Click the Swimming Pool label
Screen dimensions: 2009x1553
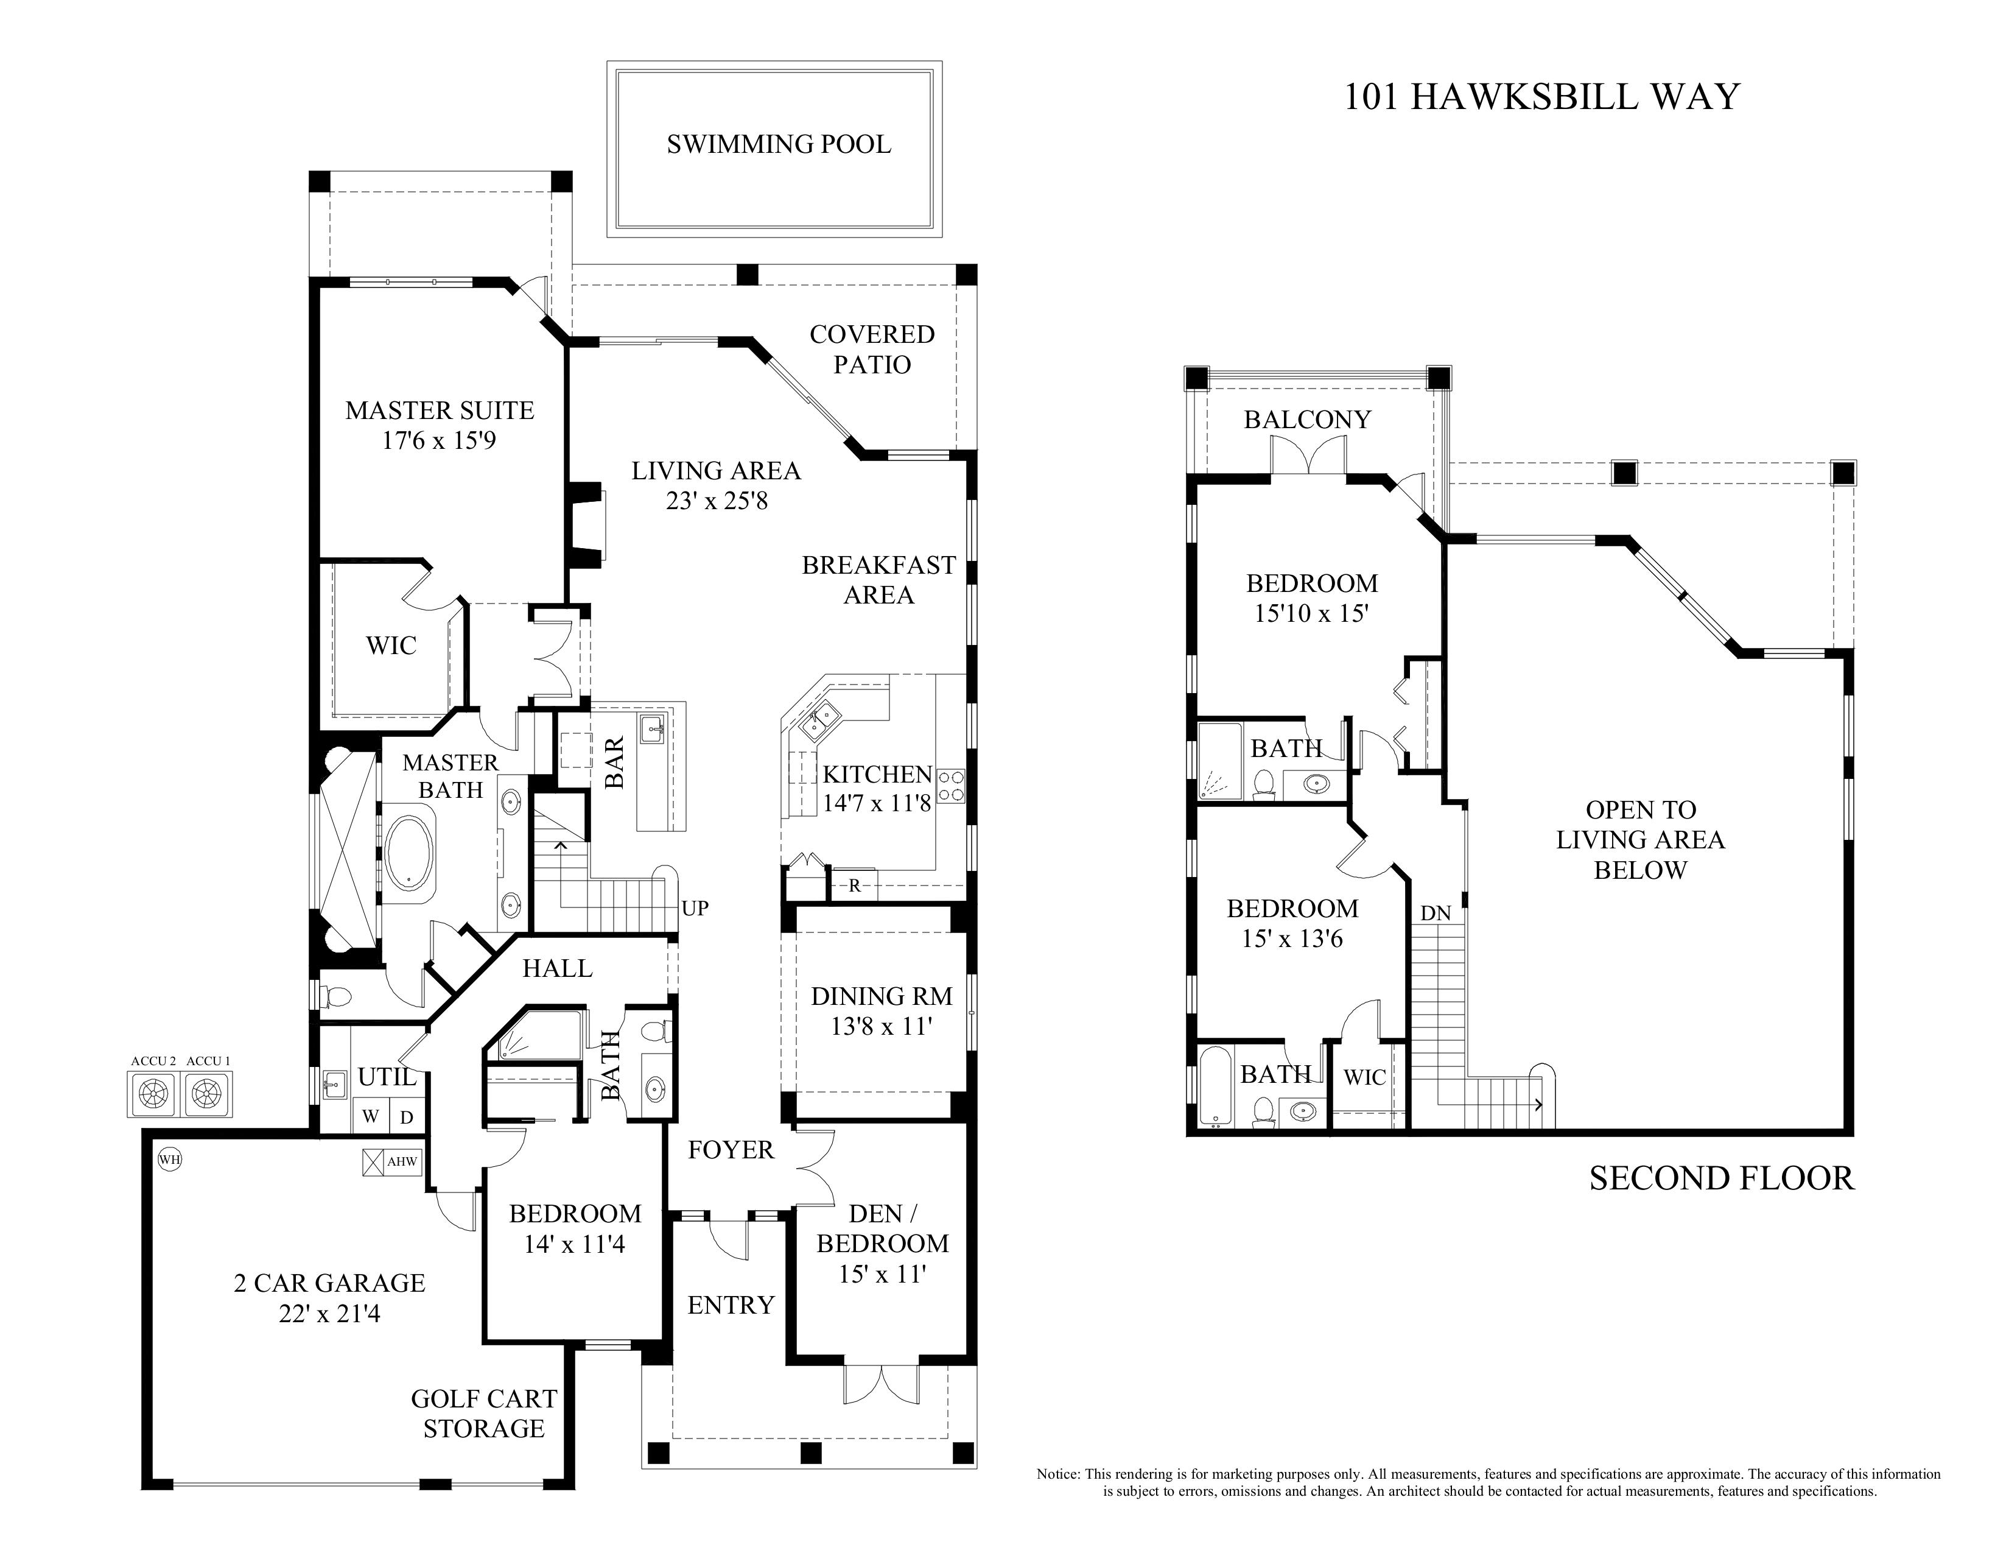[x=778, y=144]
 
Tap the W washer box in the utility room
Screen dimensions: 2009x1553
[x=371, y=1117]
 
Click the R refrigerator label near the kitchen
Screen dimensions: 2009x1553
[x=855, y=886]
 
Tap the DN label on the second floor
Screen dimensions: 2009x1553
[x=1435, y=914]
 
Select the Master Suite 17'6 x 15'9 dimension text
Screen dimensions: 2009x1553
[x=439, y=441]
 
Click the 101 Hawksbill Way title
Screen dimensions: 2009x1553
[x=1541, y=97]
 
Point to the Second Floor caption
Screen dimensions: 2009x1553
[x=1721, y=1178]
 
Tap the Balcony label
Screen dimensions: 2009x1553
[x=1307, y=420]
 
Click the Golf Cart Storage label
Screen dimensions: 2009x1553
[x=484, y=1413]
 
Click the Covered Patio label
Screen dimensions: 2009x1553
[x=872, y=350]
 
